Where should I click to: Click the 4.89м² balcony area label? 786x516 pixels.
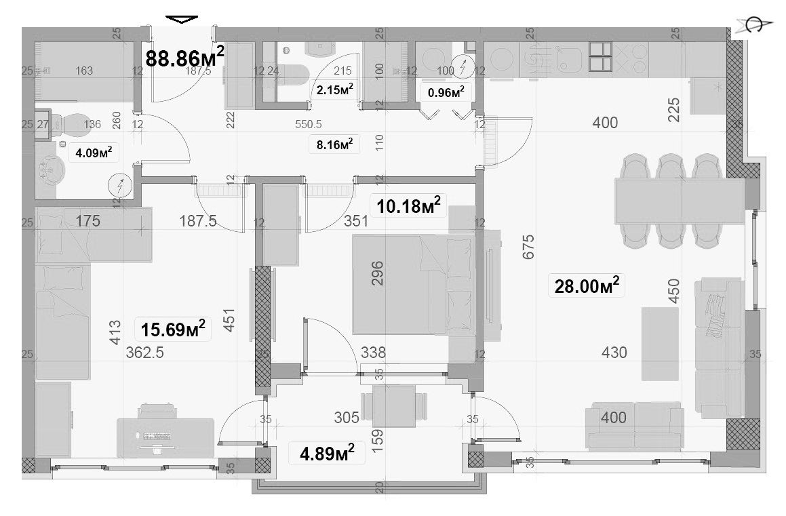(x=327, y=452)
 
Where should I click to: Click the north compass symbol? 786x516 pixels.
(x=753, y=26)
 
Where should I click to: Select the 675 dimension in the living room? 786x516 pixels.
(x=529, y=247)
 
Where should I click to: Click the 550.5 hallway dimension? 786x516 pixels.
(x=309, y=125)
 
